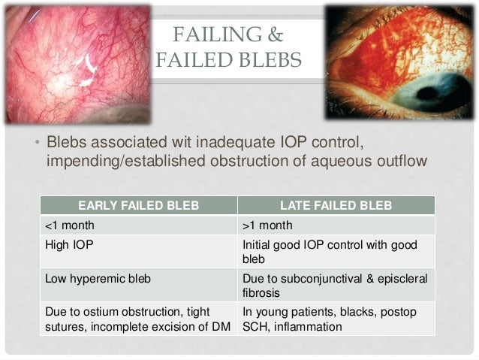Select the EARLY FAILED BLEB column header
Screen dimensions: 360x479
coord(138,204)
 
